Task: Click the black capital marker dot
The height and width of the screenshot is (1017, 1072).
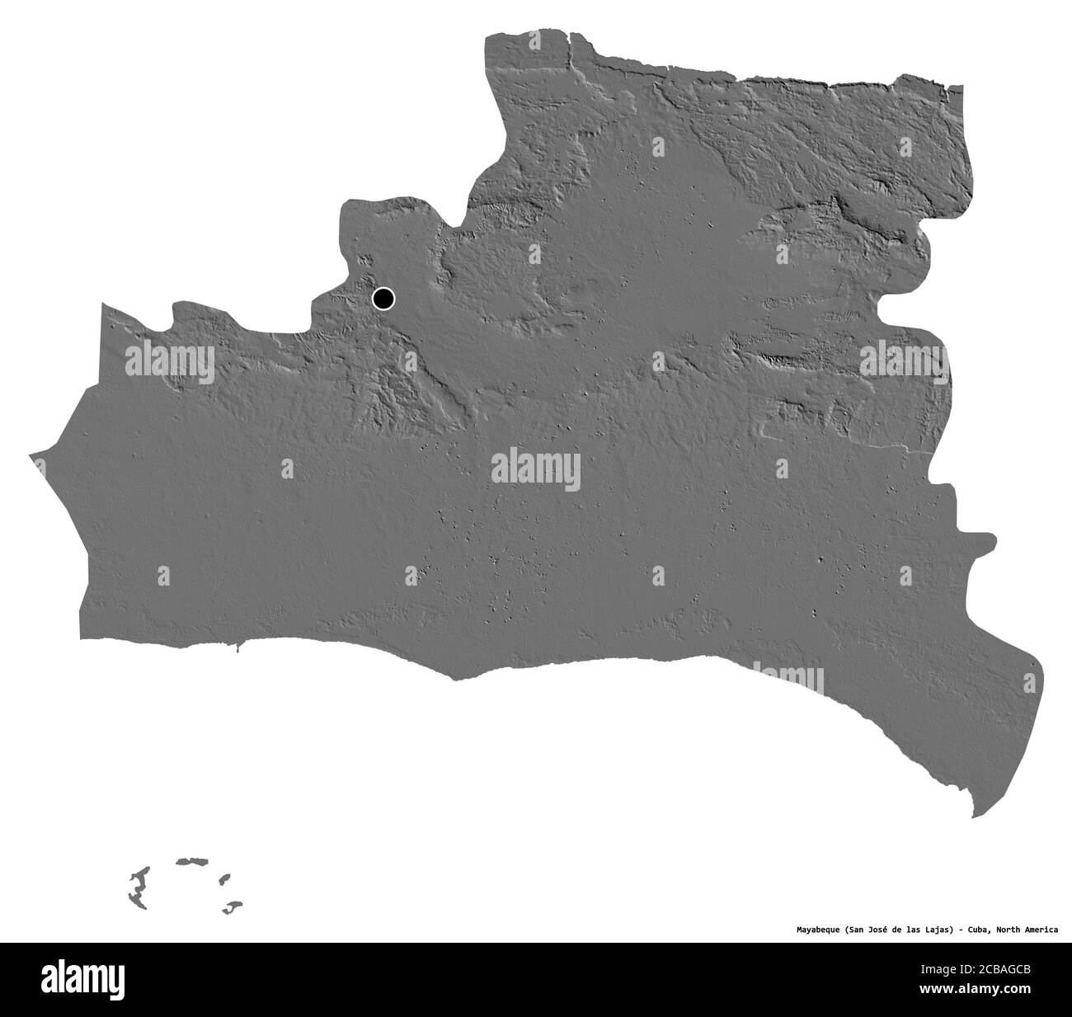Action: (383, 299)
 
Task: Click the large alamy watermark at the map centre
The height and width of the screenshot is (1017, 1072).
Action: (536, 471)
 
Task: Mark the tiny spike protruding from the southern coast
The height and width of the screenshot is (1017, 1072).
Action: (237, 648)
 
